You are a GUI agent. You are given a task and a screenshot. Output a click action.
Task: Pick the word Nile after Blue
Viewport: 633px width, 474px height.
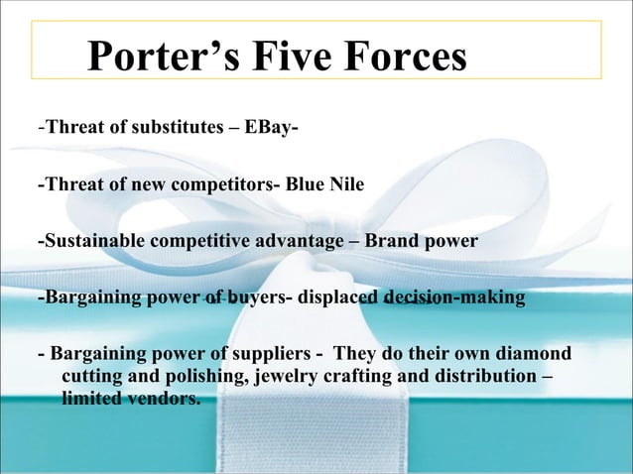(346, 184)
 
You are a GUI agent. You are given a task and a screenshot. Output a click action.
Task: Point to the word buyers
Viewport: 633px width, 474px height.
(257, 297)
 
